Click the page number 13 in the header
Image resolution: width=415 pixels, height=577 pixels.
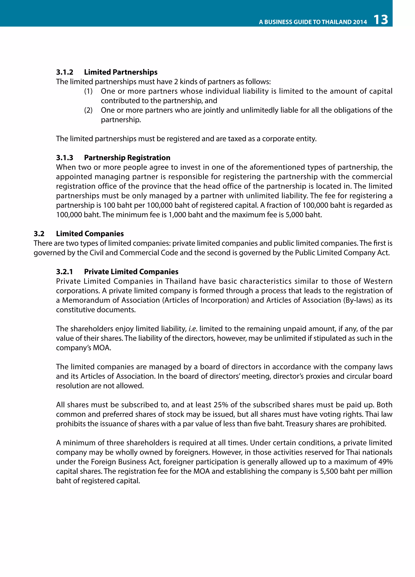[x=381, y=20]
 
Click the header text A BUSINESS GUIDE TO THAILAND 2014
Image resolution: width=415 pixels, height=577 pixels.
[x=313, y=22]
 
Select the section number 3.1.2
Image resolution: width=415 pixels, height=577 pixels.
[x=65, y=72]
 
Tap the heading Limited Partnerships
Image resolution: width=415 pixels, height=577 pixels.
[x=121, y=72]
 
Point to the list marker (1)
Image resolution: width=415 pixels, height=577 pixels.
[x=88, y=91]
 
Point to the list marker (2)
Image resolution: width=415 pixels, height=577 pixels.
[x=88, y=110]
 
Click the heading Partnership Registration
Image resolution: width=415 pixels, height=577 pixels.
[x=127, y=158]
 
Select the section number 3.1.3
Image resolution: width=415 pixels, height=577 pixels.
[x=65, y=158]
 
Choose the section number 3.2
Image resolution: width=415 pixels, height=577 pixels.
[x=39, y=234]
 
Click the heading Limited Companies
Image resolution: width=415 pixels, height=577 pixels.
[x=90, y=234]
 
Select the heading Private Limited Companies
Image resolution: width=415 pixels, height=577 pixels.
[x=131, y=272]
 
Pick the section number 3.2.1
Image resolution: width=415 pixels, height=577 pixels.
[x=65, y=272]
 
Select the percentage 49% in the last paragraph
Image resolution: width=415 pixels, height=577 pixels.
[x=385, y=462]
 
